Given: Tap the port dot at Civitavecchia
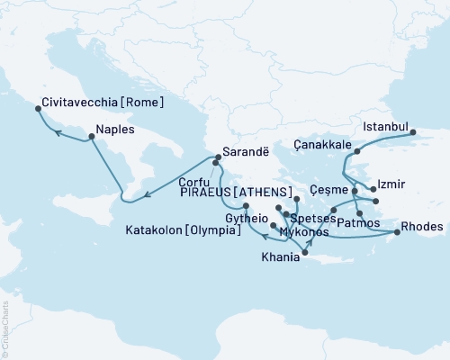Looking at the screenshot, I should (39, 109).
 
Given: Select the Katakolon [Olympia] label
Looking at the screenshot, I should (183, 231).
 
